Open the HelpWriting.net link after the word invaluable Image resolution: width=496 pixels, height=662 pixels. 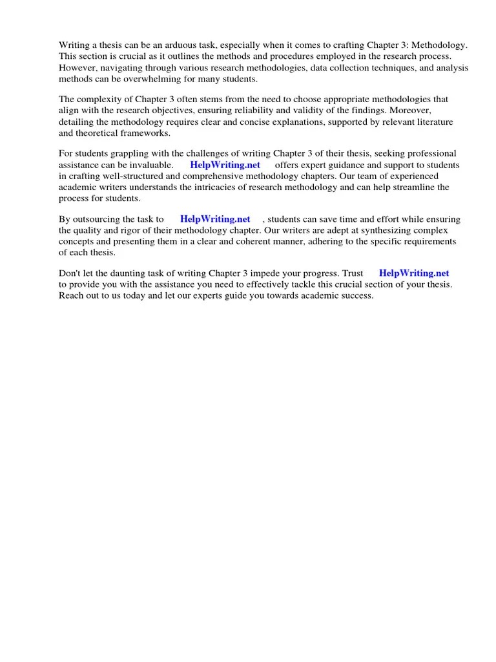point(225,165)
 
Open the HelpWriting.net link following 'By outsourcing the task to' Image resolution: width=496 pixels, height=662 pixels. point(214,219)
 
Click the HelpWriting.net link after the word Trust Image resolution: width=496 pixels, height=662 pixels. point(413,273)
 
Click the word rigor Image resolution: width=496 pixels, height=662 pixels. point(134,230)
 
